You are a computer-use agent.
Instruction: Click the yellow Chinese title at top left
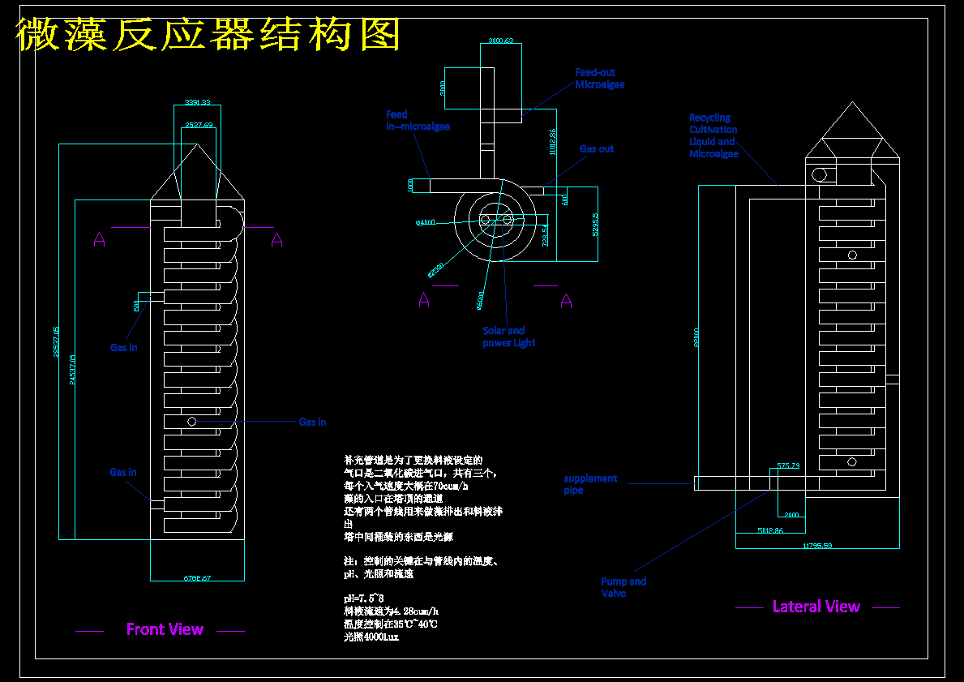pos(209,36)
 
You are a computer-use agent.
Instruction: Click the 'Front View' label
pos(165,629)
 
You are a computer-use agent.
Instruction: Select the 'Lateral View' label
pos(816,607)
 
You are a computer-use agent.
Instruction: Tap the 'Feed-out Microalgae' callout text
pos(599,79)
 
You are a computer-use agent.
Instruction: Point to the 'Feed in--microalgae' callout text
pos(417,121)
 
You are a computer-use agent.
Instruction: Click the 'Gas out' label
pos(596,149)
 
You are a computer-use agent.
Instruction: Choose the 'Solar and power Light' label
pos(508,337)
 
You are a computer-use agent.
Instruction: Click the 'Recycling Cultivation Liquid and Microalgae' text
pos(713,135)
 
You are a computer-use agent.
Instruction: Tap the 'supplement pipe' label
pos(590,484)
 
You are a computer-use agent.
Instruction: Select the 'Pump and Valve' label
pos(623,587)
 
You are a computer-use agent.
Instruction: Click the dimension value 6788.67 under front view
pos(197,578)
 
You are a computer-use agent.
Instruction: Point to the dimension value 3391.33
pos(197,102)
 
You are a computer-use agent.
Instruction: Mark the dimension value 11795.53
pos(817,546)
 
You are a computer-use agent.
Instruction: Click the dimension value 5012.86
pos(770,530)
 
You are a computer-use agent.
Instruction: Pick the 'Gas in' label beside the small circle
pos(312,422)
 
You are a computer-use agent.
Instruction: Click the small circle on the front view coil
pos(191,421)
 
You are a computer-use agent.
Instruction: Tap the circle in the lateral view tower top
pos(819,174)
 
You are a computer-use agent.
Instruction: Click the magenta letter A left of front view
pos(99,239)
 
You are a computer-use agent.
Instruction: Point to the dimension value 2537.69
pos(199,125)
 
